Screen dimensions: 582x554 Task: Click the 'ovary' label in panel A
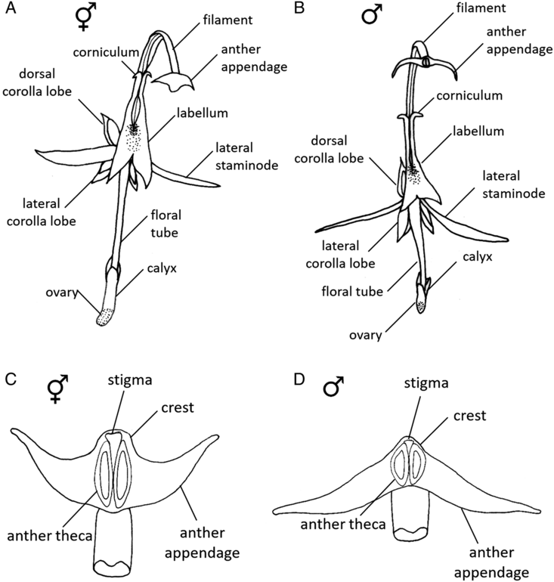[77, 295]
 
